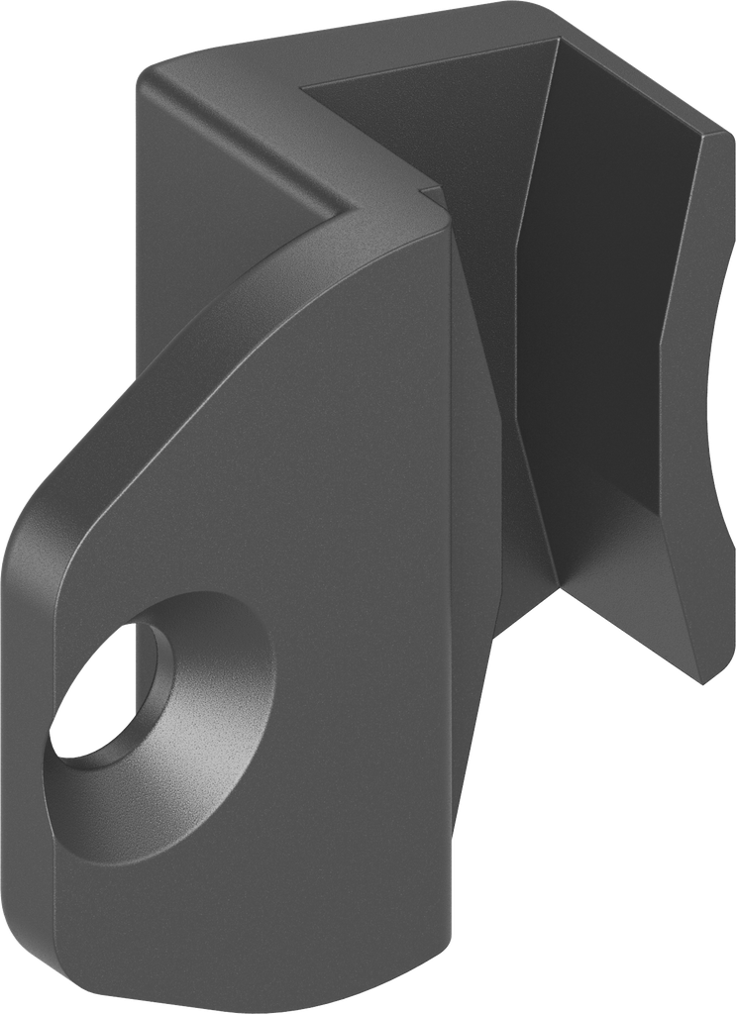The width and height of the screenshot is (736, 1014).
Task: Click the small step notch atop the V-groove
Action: (x=428, y=185)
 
